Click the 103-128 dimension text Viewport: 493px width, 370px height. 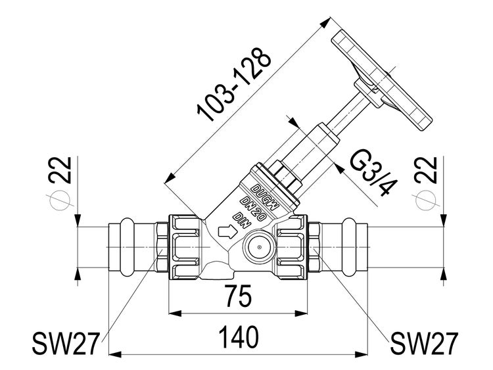click(233, 84)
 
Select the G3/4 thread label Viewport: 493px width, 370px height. click(373, 174)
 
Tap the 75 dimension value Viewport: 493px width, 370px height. click(239, 296)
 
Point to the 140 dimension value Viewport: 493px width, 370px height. click(239, 337)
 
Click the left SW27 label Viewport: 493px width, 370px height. click(66, 343)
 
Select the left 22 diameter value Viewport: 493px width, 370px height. click(60, 170)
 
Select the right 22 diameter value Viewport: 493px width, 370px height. click(426, 170)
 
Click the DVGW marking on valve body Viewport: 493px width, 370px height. click(266, 197)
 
